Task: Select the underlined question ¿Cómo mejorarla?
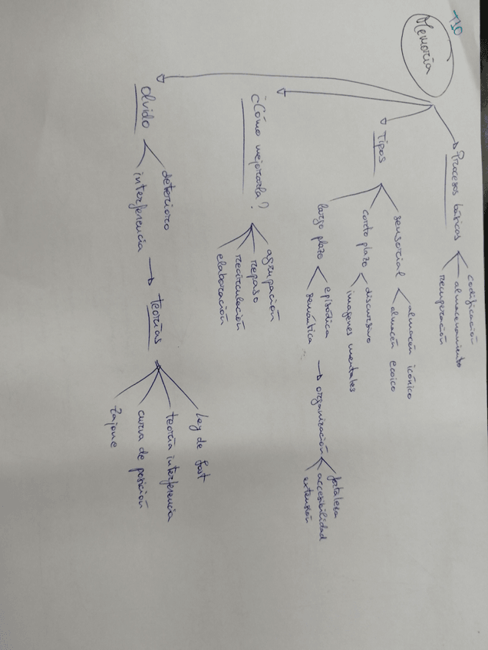point(258,152)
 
